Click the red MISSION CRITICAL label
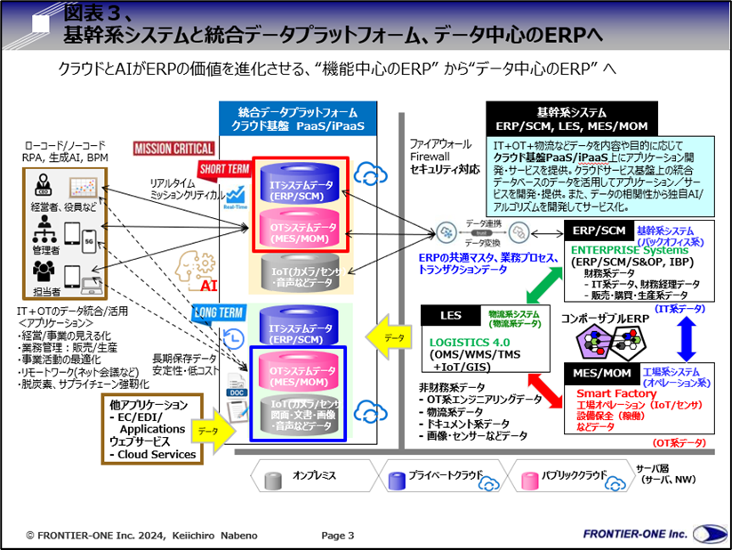(174, 149)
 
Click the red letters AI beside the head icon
(209, 287)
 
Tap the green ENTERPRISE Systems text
(626, 251)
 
